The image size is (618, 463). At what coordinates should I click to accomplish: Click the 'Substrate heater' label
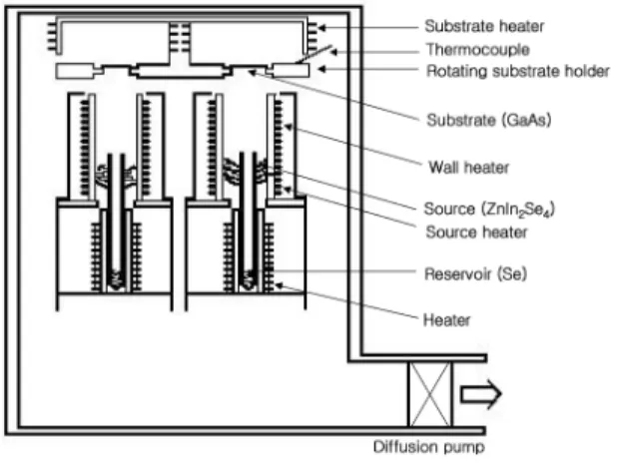(x=484, y=26)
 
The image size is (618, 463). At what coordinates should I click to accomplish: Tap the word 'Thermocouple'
(x=477, y=50)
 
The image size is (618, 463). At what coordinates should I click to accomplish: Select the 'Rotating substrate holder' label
(x=518, y=71)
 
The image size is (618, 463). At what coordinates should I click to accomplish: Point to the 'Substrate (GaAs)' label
(x=489, y=120)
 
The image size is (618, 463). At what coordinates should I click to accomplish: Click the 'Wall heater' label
(x=468, y=168)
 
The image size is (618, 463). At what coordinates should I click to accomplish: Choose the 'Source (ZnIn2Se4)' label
(x=489, y=209)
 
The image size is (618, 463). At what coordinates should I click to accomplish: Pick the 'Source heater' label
(x=476, y=232)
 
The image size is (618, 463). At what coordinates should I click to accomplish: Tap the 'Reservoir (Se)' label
(x=475, y=273)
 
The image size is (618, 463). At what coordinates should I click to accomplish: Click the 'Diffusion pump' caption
(x=429, y=447)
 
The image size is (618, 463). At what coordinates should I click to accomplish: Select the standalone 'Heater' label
(x=446, y=320)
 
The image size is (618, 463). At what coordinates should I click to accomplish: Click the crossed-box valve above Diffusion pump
(x=430, y=394)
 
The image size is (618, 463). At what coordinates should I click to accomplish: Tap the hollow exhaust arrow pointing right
(x=481, y=394)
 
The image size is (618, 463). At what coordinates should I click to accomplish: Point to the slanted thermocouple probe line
(x=313, y=54)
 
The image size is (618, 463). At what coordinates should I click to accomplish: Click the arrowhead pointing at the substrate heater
(x=322, y=28)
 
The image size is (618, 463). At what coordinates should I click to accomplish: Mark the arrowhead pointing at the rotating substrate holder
(x=322, y=69)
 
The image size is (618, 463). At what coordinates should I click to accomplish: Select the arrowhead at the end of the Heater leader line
(x=279, y=285)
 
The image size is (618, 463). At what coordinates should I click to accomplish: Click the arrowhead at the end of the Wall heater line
(x=289, y=127)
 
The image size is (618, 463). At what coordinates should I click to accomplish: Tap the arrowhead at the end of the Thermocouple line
(x=333, y=51)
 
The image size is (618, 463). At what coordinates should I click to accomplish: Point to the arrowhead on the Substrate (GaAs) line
(x=252, y=73)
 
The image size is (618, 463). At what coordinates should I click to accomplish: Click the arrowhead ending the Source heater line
(x=289, y=190)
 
